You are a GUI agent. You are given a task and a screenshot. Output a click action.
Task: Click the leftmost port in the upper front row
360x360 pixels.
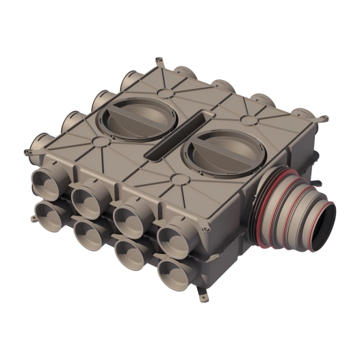point(46,182)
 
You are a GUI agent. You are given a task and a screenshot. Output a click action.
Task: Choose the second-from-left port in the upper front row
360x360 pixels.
point(87,201)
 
